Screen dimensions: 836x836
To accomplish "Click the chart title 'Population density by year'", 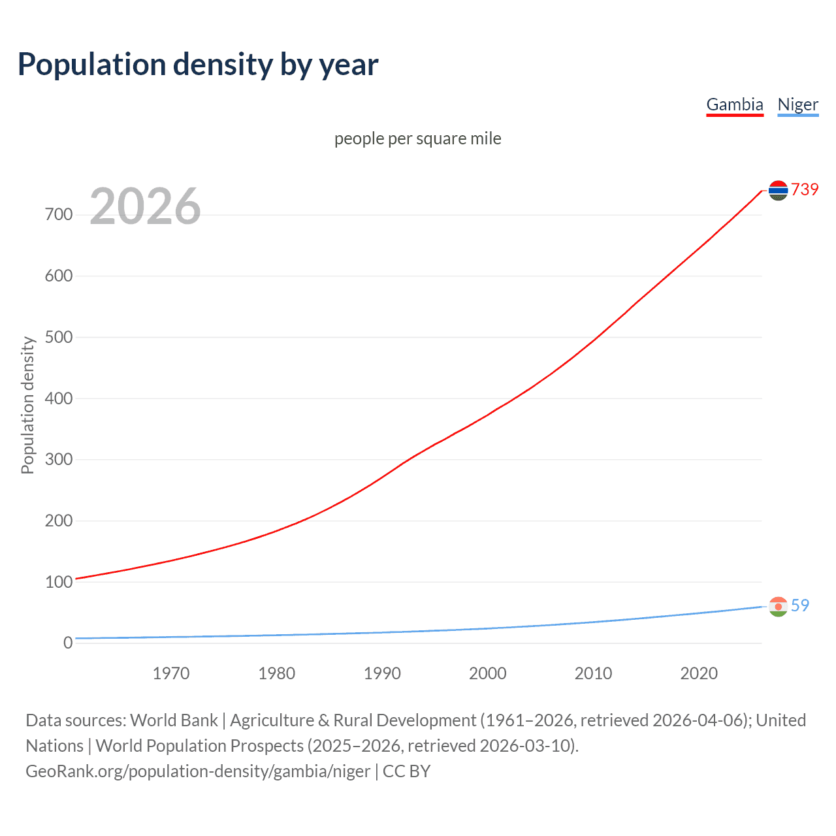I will click(198, 65).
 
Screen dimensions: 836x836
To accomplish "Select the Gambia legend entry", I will click(735, 104).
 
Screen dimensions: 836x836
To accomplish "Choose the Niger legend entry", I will click(797, 104).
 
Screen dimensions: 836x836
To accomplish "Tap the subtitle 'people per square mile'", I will click(418, 138).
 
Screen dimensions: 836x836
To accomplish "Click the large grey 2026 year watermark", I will click(145, 206).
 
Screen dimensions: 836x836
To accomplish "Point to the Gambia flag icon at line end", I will click(778, 190).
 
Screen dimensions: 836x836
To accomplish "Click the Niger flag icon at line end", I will click(778, 606).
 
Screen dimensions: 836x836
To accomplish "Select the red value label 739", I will click(805, 189).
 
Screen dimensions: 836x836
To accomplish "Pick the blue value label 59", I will click(800, 605).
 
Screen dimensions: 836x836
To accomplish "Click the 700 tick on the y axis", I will click(59, 215).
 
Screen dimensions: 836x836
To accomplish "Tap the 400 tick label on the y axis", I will click(59, 398).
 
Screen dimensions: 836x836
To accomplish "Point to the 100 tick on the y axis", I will click(59, 582).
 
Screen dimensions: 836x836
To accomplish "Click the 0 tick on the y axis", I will click(68, 643).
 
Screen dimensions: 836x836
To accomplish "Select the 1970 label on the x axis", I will click(171, 673).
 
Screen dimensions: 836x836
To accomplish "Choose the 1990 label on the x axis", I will click(382, 673).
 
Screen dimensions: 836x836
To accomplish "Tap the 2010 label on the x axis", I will click(593, 673).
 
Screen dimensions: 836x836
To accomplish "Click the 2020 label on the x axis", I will click(699, 673).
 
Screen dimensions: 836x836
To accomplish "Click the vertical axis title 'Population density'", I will click(27, 405).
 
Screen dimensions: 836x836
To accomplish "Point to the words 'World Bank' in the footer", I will click(174, 720).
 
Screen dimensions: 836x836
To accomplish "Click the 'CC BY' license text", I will click(406, 771).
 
